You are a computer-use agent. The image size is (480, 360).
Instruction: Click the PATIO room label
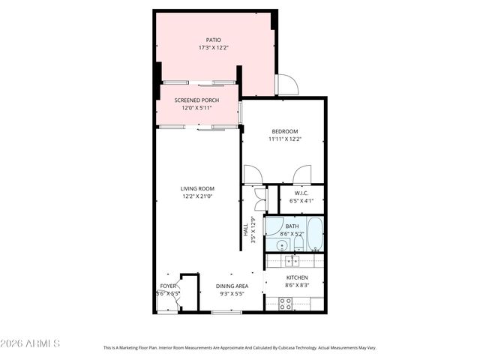214,40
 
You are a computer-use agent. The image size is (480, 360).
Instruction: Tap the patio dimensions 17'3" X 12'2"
214,48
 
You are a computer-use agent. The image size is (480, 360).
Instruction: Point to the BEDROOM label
283,131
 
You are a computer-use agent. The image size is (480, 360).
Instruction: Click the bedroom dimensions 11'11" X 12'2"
283,139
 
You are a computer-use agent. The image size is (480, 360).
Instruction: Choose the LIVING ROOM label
198,188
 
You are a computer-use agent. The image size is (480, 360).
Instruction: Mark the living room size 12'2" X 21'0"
198,196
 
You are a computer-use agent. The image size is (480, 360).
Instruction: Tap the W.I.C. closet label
302,193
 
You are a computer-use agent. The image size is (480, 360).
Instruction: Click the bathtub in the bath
314,233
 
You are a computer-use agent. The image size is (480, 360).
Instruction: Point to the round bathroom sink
283,244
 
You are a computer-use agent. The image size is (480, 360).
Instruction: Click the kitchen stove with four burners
286,303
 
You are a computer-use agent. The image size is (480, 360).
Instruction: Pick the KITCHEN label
298,277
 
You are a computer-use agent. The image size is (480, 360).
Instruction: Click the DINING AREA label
232,286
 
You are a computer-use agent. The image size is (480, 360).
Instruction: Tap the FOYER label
168,286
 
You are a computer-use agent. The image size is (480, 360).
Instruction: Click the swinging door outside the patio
286,85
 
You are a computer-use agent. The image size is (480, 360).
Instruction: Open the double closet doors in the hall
259,199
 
